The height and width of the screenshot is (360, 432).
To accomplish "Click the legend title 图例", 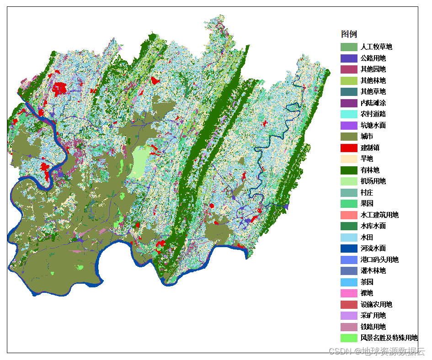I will point(349,34).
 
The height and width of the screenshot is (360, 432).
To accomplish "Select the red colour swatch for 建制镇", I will point(349,148).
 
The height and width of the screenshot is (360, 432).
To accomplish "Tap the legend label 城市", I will point(367,137).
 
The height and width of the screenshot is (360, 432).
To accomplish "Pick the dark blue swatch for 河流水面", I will point(349,249).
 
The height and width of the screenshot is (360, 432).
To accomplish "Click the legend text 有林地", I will point(370,170).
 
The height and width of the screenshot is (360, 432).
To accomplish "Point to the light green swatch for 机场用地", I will point(349,181).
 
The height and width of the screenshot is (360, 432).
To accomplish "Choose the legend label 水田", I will point(367,238).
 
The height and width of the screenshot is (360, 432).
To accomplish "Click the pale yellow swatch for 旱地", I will point(349,159).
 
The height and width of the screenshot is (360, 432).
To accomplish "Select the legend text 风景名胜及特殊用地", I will point(389,338).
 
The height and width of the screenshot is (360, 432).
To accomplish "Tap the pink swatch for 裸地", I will point(349,293).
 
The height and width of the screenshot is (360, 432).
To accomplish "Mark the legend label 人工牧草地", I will point(376,47).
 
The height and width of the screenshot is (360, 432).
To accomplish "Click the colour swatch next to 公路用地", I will point(349,58).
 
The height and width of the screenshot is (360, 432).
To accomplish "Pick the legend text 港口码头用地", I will point(379,260).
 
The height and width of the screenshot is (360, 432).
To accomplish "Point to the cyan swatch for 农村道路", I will point(349,114).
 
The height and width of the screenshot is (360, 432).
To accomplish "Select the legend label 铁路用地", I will point(373,327).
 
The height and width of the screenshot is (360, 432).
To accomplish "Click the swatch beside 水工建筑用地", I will point(349,215).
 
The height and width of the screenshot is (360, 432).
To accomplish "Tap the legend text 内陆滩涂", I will point(373,103).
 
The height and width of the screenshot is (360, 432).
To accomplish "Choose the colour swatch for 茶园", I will point(349,282).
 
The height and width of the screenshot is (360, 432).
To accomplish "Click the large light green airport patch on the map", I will point(139,162).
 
